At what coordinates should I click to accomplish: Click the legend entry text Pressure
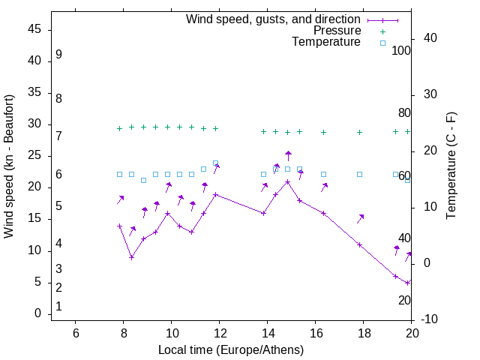pos(337,31)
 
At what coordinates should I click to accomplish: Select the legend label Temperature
pos(326,42)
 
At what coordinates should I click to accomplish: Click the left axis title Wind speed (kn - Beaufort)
pos(9,166)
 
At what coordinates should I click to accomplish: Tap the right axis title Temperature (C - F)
pos(451,166)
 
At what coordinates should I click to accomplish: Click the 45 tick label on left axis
pos(34,29)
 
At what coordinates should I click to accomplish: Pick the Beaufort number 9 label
pos(58,55)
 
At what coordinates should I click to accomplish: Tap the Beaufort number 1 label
pos(58,307)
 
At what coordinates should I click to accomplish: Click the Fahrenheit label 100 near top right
pos(401,51)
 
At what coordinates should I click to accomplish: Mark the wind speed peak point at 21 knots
pos(287,181)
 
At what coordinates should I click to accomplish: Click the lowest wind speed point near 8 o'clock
pos(131,257)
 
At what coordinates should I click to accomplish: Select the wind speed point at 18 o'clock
pos(359,244)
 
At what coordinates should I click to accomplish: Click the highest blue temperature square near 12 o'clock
pos(215,163)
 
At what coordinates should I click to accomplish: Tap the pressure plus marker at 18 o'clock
pos(359,132)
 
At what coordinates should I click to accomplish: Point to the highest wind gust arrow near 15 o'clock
pos(288,155)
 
